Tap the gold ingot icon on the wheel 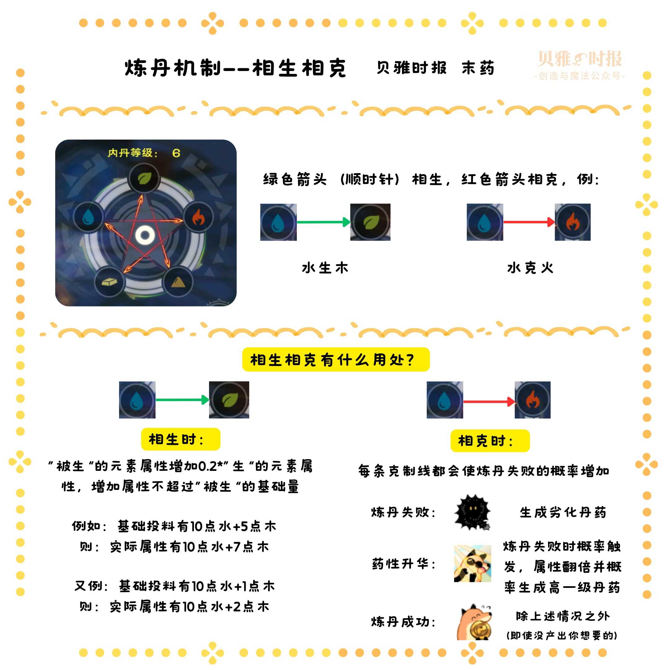[109, 282]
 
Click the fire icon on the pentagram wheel [198, 217]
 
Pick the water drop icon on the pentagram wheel [88, 217]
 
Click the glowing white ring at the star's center [145, 235]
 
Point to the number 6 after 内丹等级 [176, 153]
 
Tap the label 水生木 [325, 268]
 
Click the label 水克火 [530, 268]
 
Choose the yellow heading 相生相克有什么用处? [335, 360]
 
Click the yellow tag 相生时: [180, 439]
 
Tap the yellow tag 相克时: [490, 441]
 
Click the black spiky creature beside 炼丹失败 [472, 512]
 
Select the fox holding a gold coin [474, 623]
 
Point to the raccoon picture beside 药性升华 [472, 564]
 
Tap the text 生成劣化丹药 [562, 512]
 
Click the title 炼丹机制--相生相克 [235, 68]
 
